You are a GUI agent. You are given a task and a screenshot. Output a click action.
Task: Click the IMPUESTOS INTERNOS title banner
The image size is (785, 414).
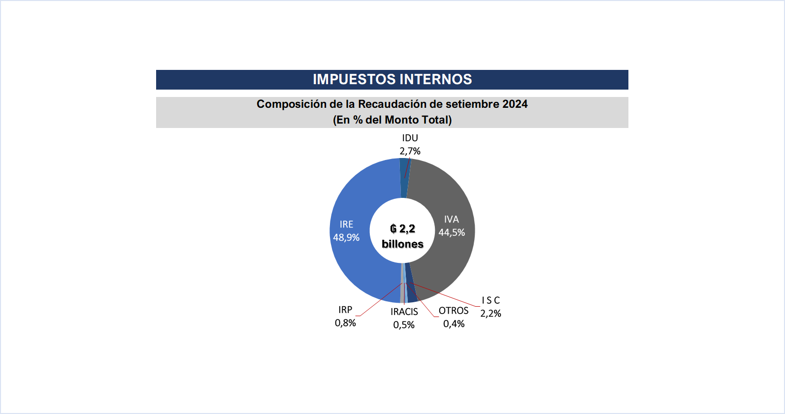coord(392,79)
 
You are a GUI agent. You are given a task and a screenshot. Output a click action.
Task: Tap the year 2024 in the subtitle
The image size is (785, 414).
coord(515,104)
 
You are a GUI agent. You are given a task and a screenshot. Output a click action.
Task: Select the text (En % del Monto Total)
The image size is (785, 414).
coord(392,120)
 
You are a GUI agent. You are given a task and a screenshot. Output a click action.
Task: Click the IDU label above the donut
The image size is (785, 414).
coord(410,138)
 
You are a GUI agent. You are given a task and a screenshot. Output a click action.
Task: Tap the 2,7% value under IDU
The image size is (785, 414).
coord(410,151)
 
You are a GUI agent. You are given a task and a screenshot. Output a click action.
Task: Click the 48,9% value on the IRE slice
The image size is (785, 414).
coord(346,237)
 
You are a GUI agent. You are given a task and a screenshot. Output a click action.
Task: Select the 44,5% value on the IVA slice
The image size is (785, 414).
coord(452,232)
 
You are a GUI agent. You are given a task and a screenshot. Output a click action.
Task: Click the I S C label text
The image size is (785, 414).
coord(491,300)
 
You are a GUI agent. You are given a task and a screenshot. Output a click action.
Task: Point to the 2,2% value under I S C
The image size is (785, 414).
coord(491,314)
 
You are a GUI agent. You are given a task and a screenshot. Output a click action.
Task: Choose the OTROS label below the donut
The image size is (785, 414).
coord(454,311)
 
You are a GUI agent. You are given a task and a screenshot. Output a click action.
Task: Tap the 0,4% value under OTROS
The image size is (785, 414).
coord(454,324)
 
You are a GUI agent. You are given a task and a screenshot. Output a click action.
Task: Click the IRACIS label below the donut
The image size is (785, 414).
coord(404,312)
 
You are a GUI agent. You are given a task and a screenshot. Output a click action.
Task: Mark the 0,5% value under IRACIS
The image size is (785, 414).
coord(404,325)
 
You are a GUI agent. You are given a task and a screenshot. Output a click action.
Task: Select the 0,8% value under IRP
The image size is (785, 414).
coord(345,323)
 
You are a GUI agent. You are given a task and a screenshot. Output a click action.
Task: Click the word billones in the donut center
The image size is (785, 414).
coord(402,244)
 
